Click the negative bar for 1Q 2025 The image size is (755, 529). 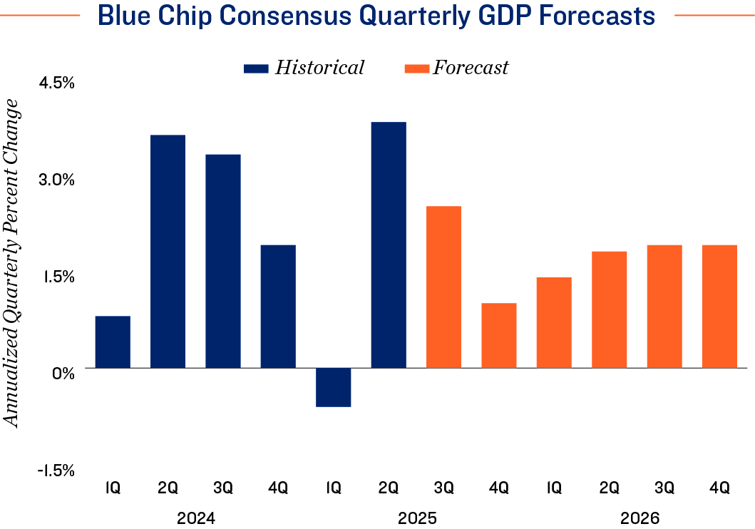[x=334, y=387]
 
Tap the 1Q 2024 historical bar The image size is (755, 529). [x=113, y=341]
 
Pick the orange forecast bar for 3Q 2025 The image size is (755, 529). [x=443, y=287]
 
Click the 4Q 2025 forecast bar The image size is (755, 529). [x=499, y=335]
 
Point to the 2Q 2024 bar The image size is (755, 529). [x=168, y=251]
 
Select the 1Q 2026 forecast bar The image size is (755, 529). [x=554, y=322]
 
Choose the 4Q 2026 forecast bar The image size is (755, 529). [x=719, y=306]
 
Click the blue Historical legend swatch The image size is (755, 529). [x=256, y=68]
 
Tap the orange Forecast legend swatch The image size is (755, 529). [x=416, y=68]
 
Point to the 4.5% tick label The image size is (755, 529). [x=57, y=83]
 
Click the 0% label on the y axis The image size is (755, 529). [x=64, y=373]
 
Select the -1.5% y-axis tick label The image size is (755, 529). [x=56, y=470]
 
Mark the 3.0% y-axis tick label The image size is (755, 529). [x=57, y=180]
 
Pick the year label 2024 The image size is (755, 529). [x=195, y=517]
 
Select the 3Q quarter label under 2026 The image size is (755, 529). [x=664, y=488]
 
